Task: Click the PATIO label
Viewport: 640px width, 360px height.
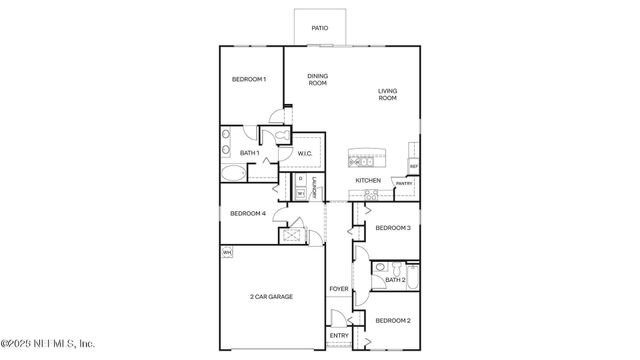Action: pyautogui.click(x=319, y=28)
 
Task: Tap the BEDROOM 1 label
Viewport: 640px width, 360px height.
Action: pyautogui.click(x=249, y=80)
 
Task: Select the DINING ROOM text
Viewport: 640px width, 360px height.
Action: pyautogui.click(x=317, y=79)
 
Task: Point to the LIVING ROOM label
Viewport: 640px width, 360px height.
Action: pyautogui.click(x=387, y=95)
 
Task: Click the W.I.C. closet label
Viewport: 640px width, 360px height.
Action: pyautogui.click(x=306, y=153)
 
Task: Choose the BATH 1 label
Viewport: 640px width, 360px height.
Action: pyautogui.click(x=250, y=153)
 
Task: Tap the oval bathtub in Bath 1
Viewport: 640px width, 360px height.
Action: pyautogui.click(x=232, y=173)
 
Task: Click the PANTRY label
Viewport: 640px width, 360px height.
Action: pyautogui.click(x=404, y=184)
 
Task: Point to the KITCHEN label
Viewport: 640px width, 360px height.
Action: pyautogui.click(x=368, y=180)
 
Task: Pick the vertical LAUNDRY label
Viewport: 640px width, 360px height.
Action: pyautogui.click(x=314, y=187)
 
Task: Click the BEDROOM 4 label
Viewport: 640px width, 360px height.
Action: pyautogui.click(x=247, y=213)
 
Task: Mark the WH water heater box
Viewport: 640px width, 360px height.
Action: pyautogui.click(x=227, y=252)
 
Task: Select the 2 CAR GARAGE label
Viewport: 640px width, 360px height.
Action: pyautogui.click(x=271, y=297)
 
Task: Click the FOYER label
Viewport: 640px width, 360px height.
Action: pyautogui.click(x=339, y=289)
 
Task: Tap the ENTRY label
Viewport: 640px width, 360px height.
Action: pyautogui.click(x=339, y=335)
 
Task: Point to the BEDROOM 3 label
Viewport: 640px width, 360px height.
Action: pyautogui.click(x=393, y=228)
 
